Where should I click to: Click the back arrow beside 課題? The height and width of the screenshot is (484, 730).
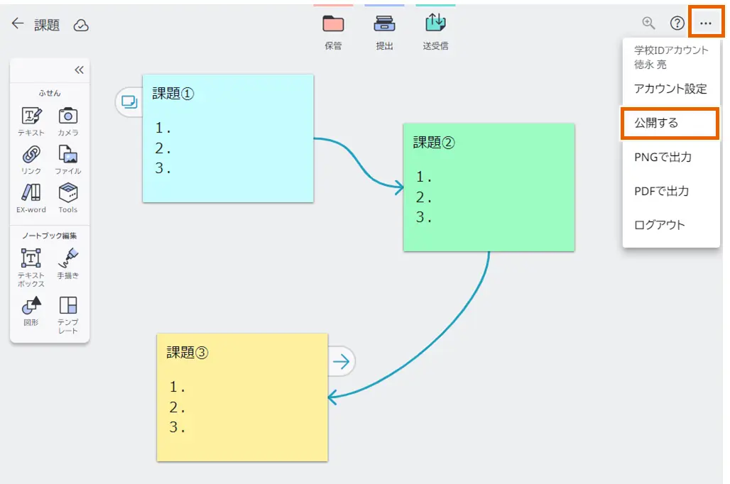click(x=18, y=24)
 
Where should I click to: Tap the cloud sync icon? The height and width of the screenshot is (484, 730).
click(x=81, y=26)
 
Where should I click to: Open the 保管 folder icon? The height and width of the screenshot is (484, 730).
click(x=333, y=24)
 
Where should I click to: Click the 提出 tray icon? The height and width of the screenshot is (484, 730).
click(x=384, y=24)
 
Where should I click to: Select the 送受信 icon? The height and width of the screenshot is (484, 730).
click(x=435, y=23)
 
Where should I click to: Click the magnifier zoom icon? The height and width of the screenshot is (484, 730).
click(x=648, y=23)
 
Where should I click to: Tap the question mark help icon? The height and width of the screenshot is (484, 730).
click(x=677, y=23)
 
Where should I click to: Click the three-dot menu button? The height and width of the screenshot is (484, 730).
click(x=705, y=23)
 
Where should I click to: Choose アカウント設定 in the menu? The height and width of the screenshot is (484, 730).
click(x=670, y=89)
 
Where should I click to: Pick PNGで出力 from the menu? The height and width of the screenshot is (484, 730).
click(x=663, y=157)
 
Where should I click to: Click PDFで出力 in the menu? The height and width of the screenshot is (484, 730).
click(x=661, y=191)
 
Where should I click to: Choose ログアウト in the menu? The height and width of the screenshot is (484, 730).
click(x=659, y=225)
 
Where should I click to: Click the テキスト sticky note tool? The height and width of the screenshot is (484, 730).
click(x=31, y=116)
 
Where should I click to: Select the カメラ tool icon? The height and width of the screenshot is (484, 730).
click(x=68, y=116)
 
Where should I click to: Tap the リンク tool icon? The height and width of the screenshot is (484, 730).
click(x=31, y=154)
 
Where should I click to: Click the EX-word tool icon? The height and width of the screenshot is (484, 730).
click(x=31, y=192)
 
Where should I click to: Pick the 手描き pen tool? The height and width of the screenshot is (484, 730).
click(x=68, y=258)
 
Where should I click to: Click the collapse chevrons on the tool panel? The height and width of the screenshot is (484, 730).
click(x=79, y=70)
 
